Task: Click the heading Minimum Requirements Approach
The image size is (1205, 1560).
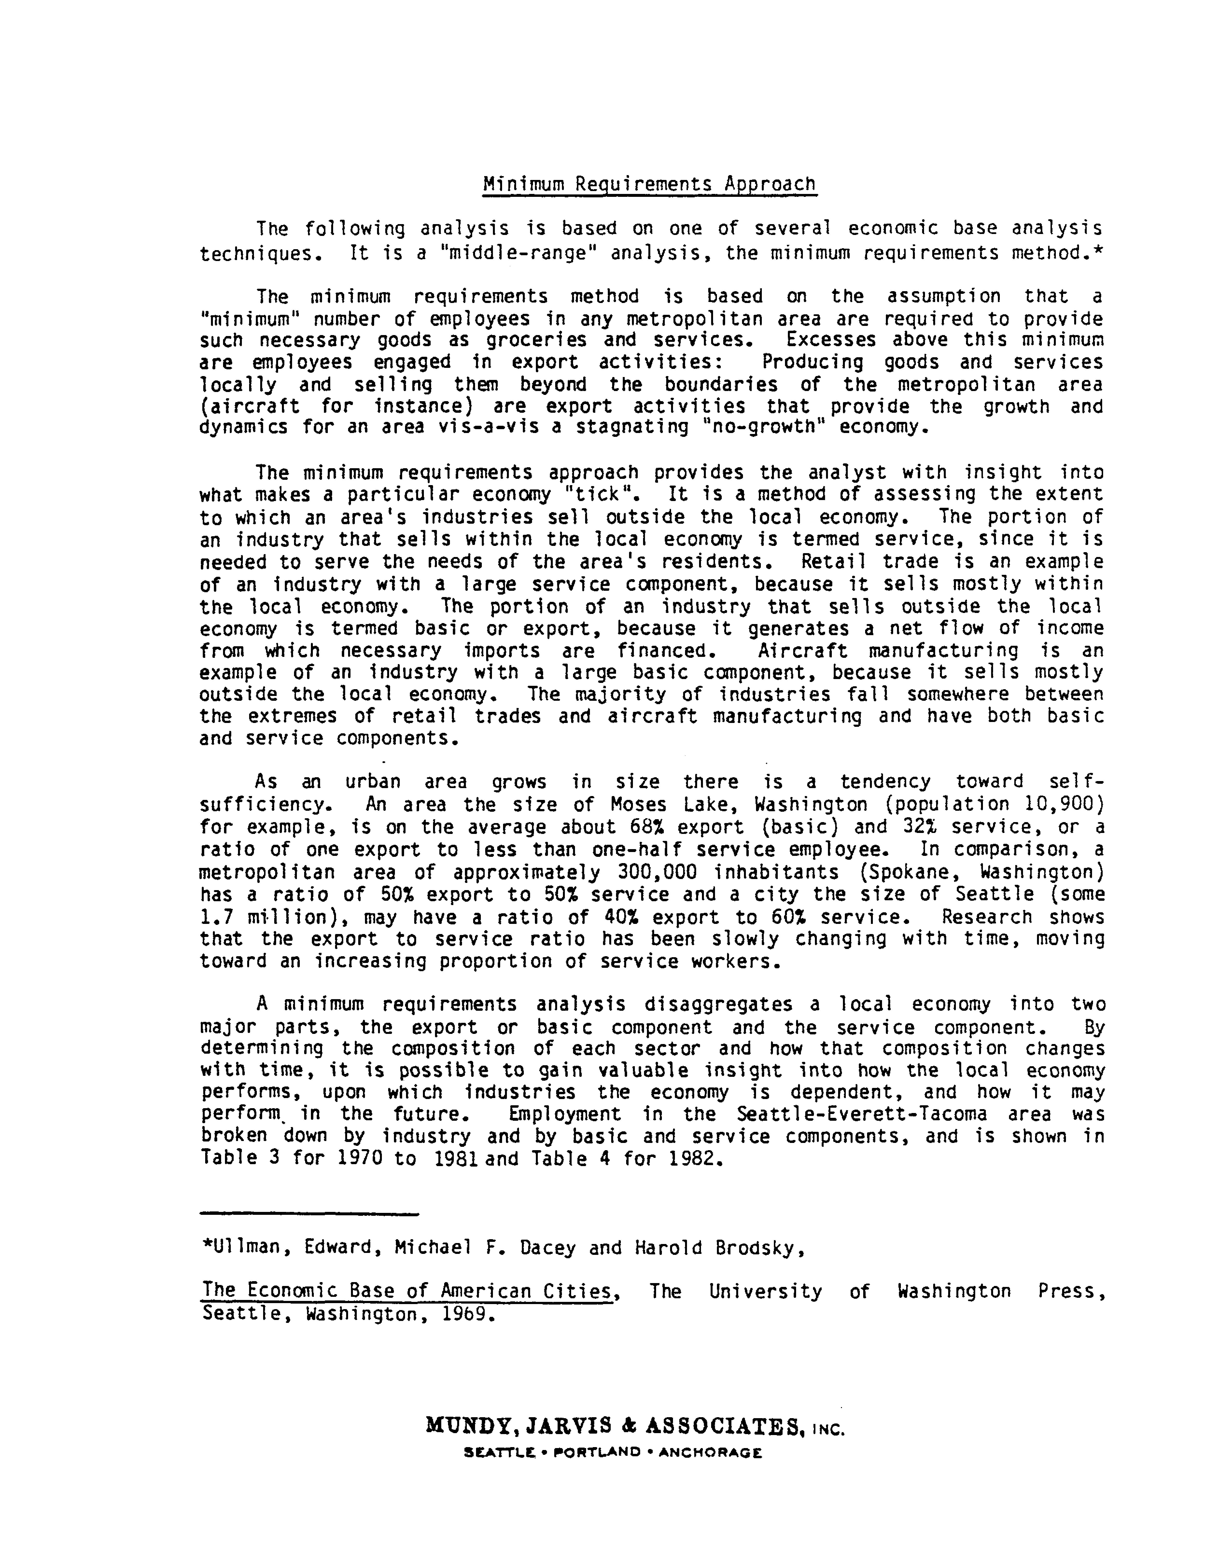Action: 649,184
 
